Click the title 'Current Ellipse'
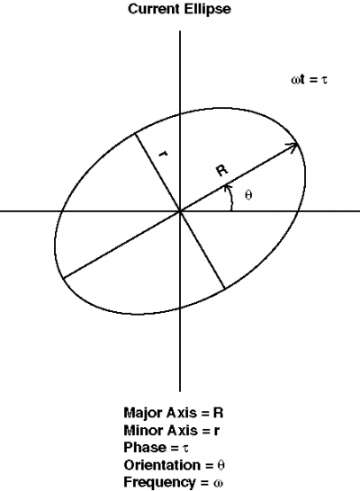coord(179,9)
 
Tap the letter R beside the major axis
coord(222,170)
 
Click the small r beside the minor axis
coord(163,154)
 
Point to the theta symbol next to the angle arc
coord(248,195)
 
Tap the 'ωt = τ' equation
coord(309,79)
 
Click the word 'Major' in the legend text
coord(143,413)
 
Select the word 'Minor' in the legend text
coord(143,430)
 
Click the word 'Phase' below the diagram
coord(145,447)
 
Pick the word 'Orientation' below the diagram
coord(163,465)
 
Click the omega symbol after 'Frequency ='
coord(218,483)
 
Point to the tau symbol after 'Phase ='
coord(185,449)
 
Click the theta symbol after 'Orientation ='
coord(220,465)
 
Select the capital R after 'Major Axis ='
coord(218,413)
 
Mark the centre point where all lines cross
coord(180,211)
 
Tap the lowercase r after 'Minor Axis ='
coord(217,431)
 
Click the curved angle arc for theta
coord(231,198)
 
